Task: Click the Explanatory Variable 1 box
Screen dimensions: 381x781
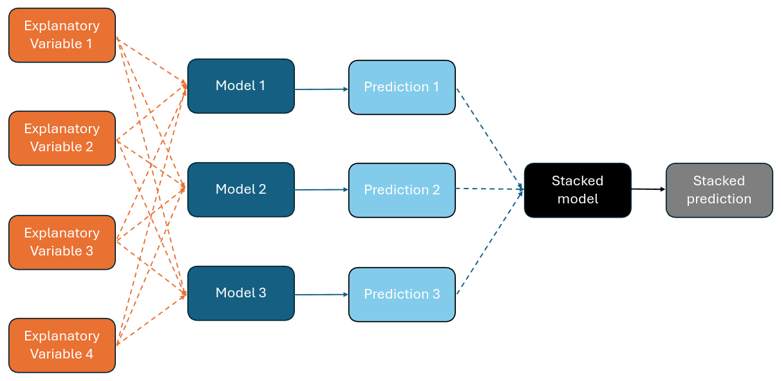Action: coord(62,35)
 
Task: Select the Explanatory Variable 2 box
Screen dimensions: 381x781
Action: coord(62,138)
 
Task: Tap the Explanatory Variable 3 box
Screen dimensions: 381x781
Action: coord(62,242)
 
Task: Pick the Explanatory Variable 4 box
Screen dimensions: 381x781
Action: coord(62,345)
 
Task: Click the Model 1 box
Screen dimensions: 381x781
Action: coord(241,86)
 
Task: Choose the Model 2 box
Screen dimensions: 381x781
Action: coord(241,189)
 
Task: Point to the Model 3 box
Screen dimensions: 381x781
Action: coord(241,293)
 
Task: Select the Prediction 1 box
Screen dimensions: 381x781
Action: coord(402,88)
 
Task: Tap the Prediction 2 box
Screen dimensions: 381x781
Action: coord(402,190)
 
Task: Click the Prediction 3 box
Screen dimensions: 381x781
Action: coord(402,294)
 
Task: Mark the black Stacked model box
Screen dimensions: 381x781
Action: coord(578,190)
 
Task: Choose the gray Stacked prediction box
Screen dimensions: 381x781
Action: coord(719,190)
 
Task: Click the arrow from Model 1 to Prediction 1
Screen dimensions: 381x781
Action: coord(321,89)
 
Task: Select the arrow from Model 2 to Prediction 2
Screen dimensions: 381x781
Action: coord(321,190)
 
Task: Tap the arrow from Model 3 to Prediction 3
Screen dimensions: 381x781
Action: coord(321,295)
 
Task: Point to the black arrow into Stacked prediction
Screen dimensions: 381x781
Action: coord(648,189)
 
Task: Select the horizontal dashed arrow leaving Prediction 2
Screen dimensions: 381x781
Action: coord(489,189)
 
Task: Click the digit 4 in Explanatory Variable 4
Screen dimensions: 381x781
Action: coord(89,355)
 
